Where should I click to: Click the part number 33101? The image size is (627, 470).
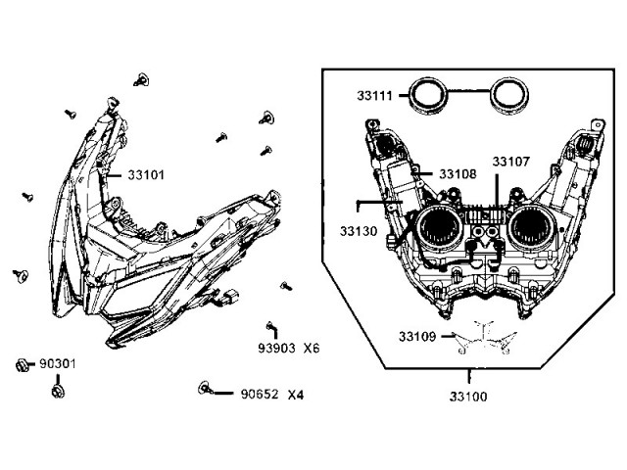(146, 175)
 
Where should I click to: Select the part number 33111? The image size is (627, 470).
(374, 96)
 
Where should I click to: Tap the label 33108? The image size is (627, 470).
(458, 174)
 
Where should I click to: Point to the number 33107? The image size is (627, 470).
(510, 162)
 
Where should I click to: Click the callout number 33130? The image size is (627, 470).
(359, 231)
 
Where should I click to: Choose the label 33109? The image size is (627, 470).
(417, 337)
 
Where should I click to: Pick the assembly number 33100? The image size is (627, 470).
(468, 397)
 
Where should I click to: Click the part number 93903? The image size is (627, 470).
(276, 349)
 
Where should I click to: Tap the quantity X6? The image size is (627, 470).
(312, 349)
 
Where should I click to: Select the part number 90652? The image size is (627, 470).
(260, 394)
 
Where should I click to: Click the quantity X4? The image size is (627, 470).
(296, 395)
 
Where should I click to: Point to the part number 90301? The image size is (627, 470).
(58, 363)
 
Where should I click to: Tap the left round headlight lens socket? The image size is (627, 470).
(439, 228)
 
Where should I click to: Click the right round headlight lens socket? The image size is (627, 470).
(531, 228)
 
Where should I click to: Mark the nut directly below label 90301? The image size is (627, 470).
(58, 392)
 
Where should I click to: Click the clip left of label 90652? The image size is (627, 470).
(205, 388)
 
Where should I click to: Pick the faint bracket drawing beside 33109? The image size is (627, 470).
(485, 338)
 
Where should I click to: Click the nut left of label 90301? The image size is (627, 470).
(22, 365)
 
